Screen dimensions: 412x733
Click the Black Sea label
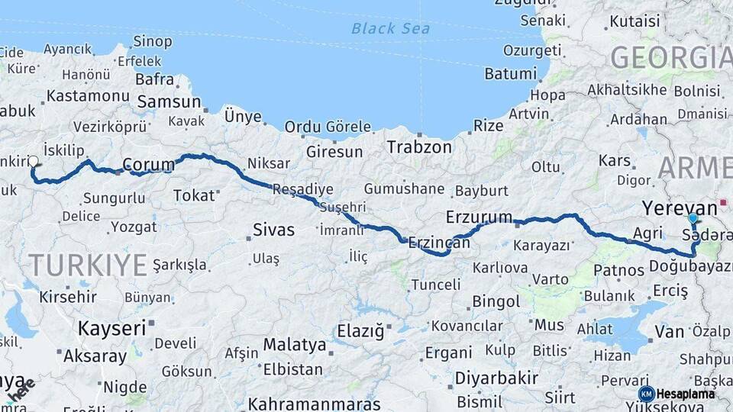[x=390, y=29]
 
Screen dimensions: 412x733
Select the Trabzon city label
[x=418, y=146]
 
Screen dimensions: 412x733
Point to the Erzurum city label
[x=479, y=217]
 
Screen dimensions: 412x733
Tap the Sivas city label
[x=273, y=230]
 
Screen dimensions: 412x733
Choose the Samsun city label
[x=168, y=101]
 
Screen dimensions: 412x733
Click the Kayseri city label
[x=111, y=329]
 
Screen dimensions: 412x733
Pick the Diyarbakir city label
[x=497, y=378]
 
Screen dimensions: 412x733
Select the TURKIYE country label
[x=88, y=266]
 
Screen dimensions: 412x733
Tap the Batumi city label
[x=511, y=74]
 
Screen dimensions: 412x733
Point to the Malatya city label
[x=295, y=345]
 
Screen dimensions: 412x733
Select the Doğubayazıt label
[x=689, y=266]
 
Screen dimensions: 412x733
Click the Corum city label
[x=148, y=164]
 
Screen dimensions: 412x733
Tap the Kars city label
[x=615, y=161]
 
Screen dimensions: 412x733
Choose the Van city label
[x=669, y=332]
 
